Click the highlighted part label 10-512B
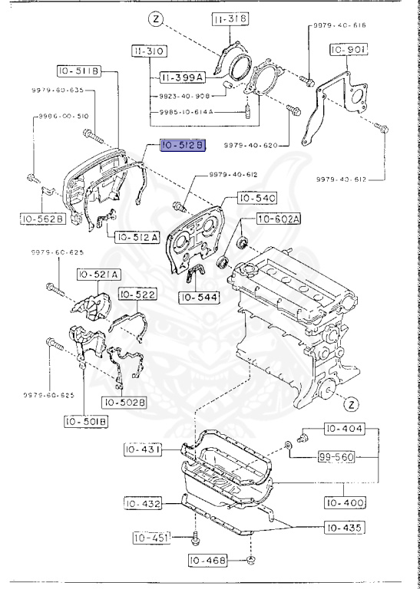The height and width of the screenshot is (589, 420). click(x=181, y=146)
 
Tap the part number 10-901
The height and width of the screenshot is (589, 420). click(x=349, y=50)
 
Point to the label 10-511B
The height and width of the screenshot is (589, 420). click(x=77, y=71)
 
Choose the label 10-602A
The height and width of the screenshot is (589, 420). click(x=278, y=219)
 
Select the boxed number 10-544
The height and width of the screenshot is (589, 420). click(x=198, y=296)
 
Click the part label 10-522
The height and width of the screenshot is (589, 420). click(x=137, y=294)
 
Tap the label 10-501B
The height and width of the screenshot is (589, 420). click(x=85, y=420)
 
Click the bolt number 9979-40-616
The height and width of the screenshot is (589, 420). click(x=339, y=26)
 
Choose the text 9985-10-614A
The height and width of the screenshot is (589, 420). click(x=180, y=112)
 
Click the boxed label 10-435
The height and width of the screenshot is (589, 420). click(x=343, y=528)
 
